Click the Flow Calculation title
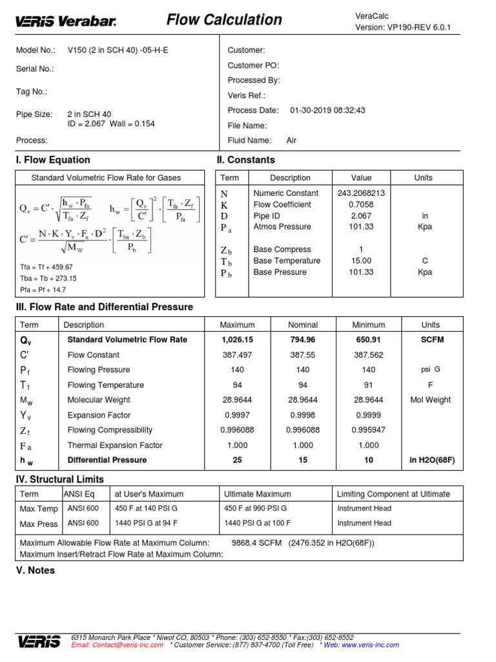(224, 20)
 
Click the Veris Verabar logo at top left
(66, 21)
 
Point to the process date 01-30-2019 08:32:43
(327, 110)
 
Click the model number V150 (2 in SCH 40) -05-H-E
(114, 50)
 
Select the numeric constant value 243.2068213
(361, 193)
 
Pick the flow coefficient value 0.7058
(361, 204)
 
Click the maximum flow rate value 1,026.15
(237, 339)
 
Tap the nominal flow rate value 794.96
(303, 339)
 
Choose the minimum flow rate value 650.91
(368, 339)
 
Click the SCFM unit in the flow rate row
(430, 339)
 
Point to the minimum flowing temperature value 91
(368, 385)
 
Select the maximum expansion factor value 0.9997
(237, 415)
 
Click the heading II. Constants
(246, 160)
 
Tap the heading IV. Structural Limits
(59, 479)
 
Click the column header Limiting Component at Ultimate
(393, 494)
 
